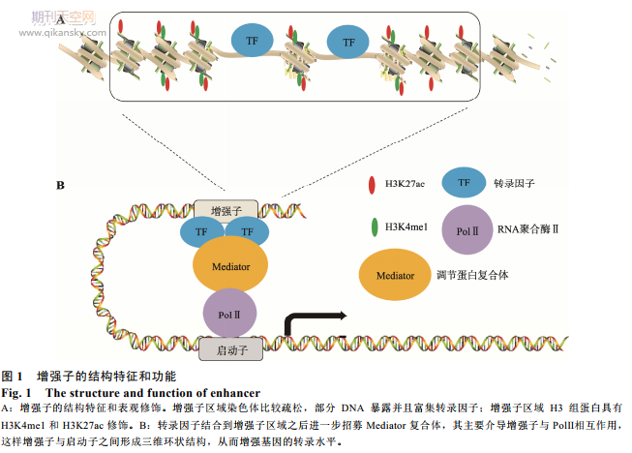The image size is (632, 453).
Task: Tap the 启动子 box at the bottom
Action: point(230,348)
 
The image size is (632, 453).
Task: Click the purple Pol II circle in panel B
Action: point(229,315)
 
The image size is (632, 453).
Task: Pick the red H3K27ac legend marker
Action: point(373,183)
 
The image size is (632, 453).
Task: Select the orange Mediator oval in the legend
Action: point(396,277)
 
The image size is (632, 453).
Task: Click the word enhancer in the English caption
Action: point(234,392)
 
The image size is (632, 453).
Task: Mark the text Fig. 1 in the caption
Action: point(17,392)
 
